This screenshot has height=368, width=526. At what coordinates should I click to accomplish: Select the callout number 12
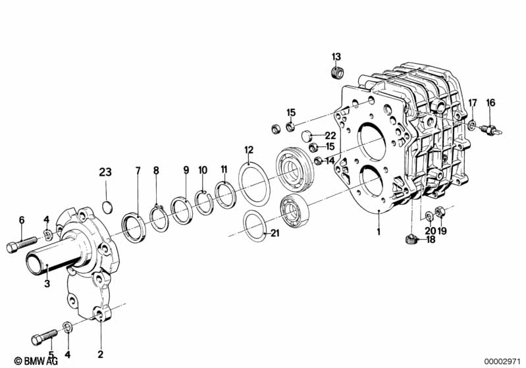point(248,149)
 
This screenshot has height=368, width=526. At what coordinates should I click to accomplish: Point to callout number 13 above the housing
point(336,55)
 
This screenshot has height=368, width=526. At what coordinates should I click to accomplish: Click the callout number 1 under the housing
point(379,232)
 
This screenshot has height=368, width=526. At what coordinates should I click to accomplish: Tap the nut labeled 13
point(336,71)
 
